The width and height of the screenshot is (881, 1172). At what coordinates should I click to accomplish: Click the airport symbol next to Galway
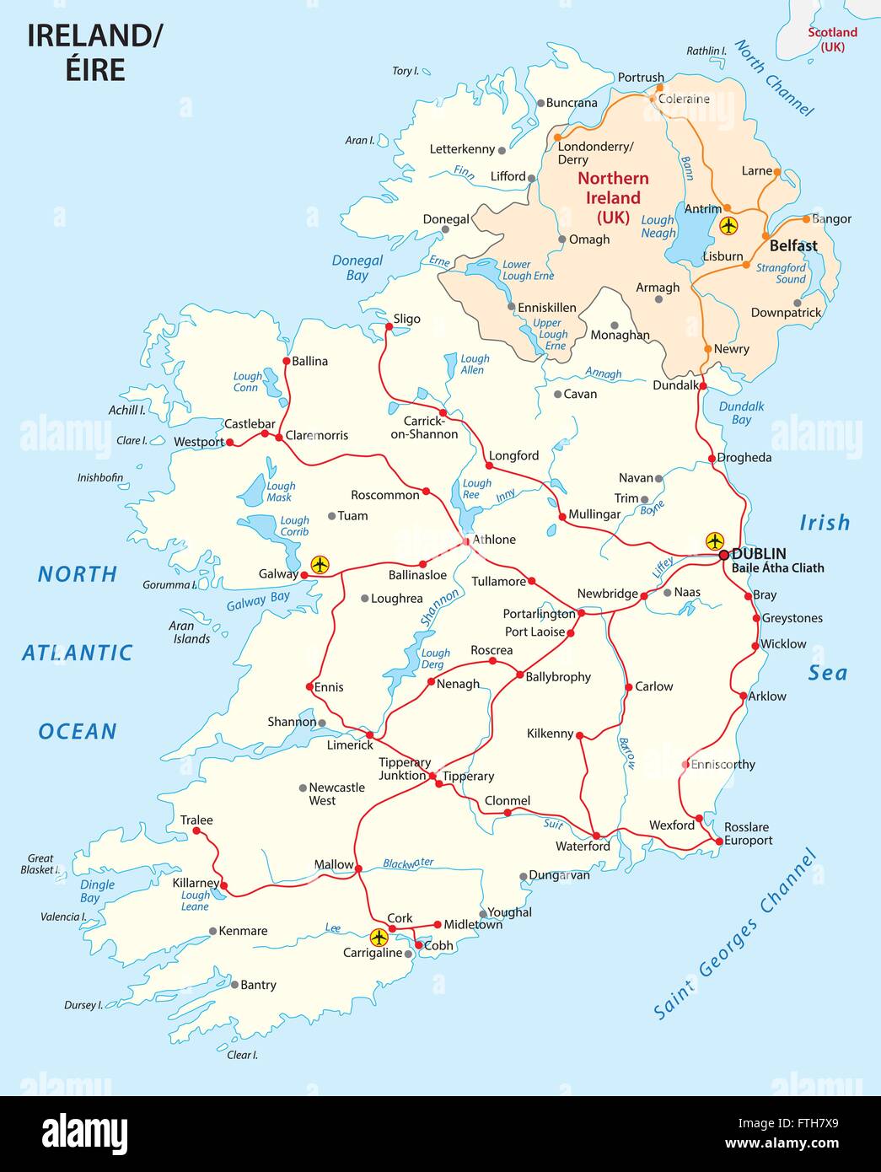point(320,564)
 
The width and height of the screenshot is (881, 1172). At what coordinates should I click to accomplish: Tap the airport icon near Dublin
point(715,540)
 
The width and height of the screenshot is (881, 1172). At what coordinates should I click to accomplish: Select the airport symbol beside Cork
point(379,937)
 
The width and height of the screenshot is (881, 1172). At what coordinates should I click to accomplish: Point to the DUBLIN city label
point(759,554)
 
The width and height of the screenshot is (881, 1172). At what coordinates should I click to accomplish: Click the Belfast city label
point(792,246)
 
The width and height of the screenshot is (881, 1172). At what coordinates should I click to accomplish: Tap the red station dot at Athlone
point(466,540)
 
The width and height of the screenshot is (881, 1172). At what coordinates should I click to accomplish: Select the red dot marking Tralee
point(196,831)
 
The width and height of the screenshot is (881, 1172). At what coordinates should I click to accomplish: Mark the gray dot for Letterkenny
point(502,151)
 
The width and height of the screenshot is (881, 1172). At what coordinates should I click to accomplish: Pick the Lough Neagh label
point(658,226)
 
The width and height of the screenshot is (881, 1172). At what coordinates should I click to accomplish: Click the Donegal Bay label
point(357,268)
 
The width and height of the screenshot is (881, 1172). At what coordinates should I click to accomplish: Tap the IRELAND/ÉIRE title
point(95,52)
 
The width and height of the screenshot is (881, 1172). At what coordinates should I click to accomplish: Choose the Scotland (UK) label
point(832,40)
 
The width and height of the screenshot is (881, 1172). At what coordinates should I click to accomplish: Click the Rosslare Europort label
point(748,833)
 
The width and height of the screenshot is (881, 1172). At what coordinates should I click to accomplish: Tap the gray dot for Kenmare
point(212,932)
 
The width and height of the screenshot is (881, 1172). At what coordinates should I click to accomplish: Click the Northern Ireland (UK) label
point(613,197)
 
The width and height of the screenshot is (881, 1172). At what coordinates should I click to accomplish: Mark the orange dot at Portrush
point(659,87)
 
